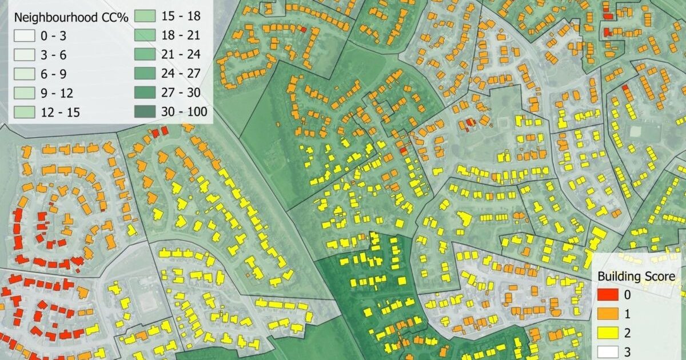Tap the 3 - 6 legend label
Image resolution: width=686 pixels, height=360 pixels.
click(x=53, y=55)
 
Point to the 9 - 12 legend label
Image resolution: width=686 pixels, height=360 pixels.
click(x=57, y=93)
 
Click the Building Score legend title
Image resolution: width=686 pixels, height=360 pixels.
click(x=636, y=277)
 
